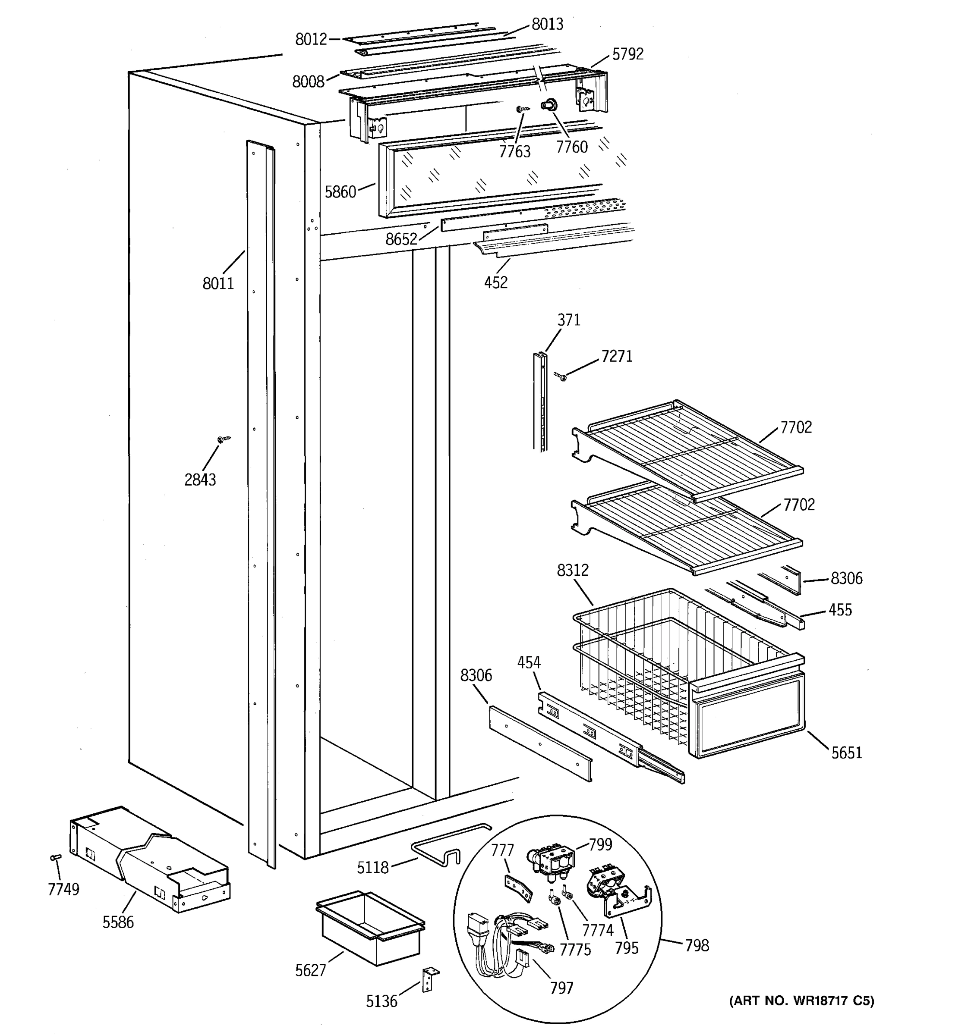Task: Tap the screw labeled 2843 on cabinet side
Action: [x=222, y=440]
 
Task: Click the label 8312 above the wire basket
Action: [x=573, y=571]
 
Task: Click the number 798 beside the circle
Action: [x=697, y=945]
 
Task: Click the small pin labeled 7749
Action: [x=55, y=857]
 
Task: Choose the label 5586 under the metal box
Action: [x=118, y=922]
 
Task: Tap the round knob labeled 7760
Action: [x=548, y=105]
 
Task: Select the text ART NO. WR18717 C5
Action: [x=801, y=1000]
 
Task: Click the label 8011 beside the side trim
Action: [x=218, y=284]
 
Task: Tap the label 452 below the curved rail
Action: [x=495, y=283]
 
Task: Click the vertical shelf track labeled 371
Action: [x=541, y=401]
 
